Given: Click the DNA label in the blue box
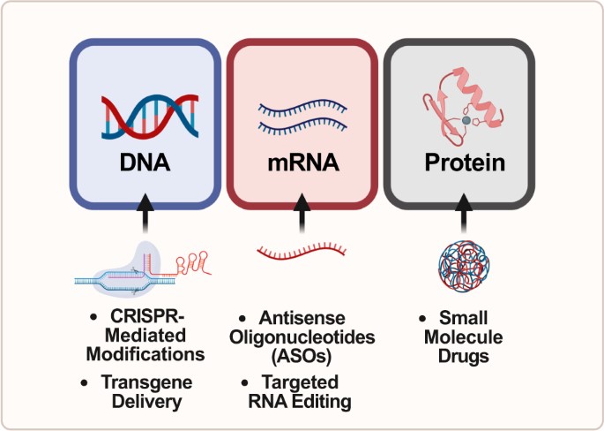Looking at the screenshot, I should (145, 164).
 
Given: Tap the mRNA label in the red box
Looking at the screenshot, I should (302, 164).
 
